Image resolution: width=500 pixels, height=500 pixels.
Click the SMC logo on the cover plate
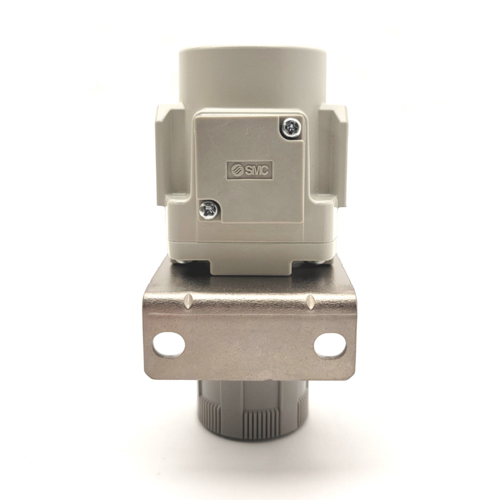tap(249, 171)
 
